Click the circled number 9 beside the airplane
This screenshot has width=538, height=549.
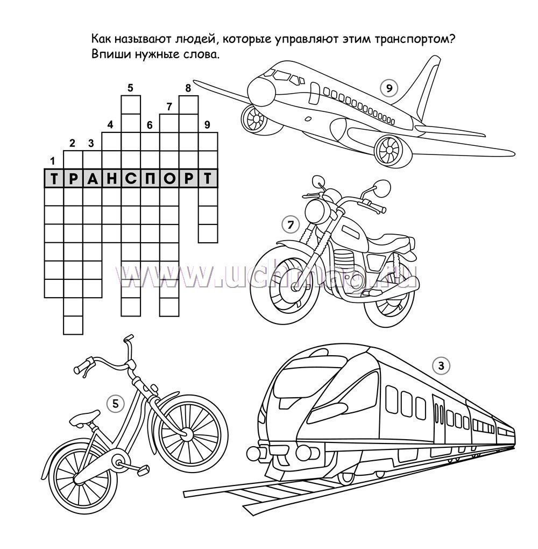click(389, 88)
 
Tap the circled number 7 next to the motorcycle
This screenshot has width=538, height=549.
click(291, 225)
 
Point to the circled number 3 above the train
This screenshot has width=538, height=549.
click(441, 366)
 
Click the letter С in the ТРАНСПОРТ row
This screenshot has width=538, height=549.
click(131, 179)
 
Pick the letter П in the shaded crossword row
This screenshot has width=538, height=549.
click(150, 179)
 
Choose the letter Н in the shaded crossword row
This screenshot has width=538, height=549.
click(112, 179)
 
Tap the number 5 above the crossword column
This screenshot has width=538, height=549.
click(130, 88)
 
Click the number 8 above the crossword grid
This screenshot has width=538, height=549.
click(188, 88)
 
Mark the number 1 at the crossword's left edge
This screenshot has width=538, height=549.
click(53, 161)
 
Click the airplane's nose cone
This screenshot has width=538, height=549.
click(261, 91)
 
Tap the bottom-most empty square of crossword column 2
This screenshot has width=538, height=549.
click(73, 325)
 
